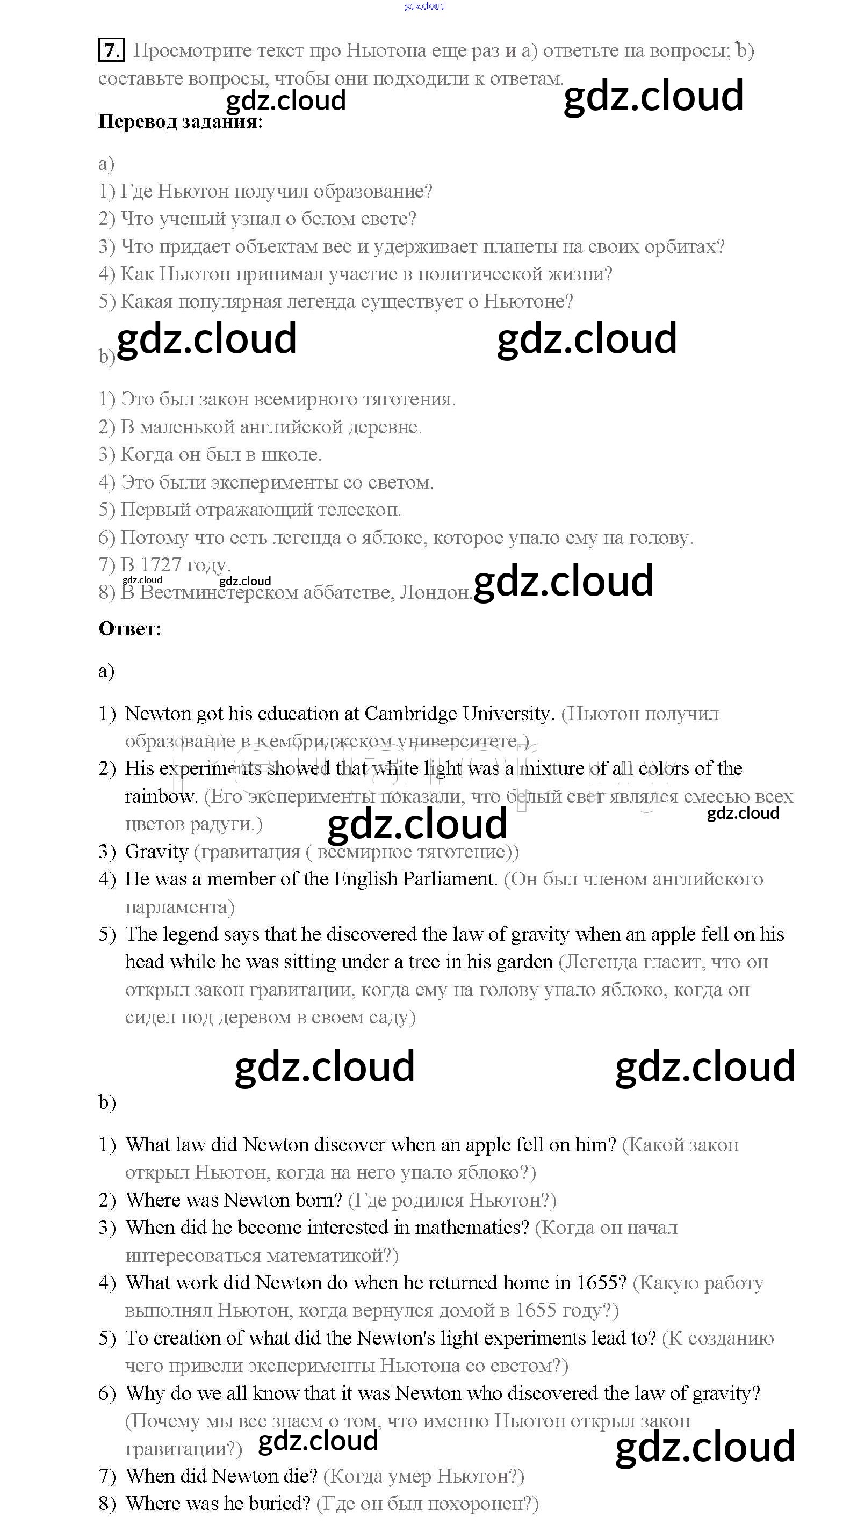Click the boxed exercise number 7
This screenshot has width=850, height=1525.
[111, 50]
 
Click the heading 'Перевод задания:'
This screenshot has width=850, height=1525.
[180, 121]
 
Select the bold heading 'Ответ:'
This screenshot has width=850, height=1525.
[129, 629]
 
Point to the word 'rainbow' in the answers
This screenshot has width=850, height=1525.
[160, 796]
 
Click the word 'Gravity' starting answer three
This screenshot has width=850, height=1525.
[156, 851]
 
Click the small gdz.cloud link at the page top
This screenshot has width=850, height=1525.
[424, 6]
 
